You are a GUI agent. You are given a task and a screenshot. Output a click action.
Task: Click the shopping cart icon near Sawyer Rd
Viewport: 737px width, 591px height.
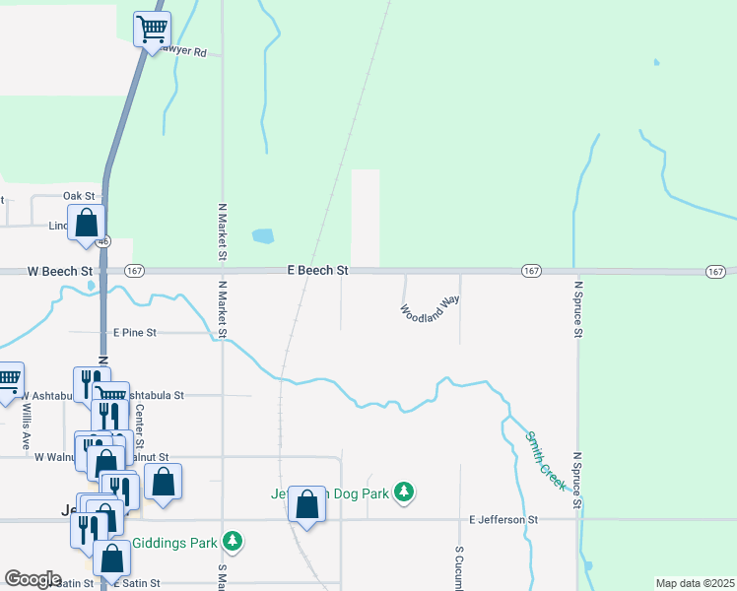152,29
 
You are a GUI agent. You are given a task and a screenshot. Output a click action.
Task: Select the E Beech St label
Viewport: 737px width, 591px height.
318,269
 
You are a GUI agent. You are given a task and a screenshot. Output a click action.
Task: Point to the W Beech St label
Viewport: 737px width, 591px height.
59,270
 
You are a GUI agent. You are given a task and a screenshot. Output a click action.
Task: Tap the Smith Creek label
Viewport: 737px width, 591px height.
545,460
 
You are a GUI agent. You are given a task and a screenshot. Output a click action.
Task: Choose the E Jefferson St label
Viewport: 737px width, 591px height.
503,519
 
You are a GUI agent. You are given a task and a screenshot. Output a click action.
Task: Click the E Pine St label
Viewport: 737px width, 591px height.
135,333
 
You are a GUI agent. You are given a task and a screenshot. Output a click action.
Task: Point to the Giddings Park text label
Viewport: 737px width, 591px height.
173,541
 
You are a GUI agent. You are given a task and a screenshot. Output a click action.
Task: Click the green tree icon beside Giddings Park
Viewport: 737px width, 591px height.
233,540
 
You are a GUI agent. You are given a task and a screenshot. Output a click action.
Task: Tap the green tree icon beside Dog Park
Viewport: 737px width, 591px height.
403,491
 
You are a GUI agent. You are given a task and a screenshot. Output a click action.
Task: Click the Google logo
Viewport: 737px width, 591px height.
33,579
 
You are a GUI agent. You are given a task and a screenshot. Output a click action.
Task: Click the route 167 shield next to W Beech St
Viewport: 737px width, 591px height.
135,270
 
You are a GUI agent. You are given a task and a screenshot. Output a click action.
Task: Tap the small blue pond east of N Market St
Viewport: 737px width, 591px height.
263,236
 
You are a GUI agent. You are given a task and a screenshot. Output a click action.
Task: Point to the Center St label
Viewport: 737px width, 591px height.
140,424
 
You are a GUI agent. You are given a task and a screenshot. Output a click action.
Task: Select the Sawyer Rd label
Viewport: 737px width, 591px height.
187,52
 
